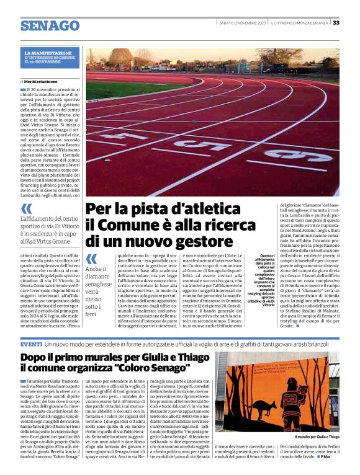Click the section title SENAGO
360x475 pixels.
click(50, 26)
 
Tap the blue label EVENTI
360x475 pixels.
click(31, 344)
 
